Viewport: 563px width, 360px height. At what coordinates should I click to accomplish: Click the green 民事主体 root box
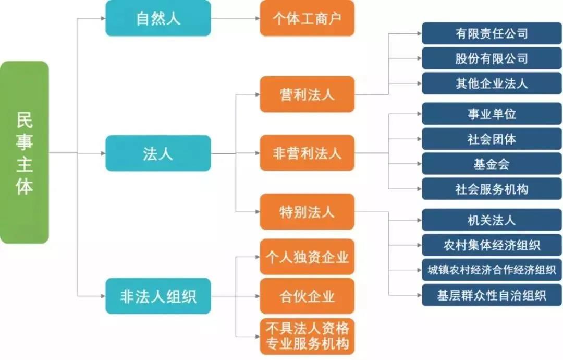[25, 152]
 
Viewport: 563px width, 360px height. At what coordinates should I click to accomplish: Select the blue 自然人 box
[158, 18]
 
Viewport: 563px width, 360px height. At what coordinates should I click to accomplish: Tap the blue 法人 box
[158, 153]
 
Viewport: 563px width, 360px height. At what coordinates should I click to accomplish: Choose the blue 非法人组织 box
[158, 296]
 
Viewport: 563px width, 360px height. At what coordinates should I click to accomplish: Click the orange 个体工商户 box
[307, 18]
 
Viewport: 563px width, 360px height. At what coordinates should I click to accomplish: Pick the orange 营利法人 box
[307, 94]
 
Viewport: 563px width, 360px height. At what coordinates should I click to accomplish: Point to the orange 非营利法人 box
[307, 153]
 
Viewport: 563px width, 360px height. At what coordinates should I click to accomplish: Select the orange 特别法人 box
[307, 212]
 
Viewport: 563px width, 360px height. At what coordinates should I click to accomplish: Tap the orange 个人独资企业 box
[307, 257]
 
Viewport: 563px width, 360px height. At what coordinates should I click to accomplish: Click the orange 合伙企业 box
[307, 296]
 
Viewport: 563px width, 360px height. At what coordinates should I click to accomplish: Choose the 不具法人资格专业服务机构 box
[307, 336]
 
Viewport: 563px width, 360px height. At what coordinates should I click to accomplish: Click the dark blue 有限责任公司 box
[492, 33]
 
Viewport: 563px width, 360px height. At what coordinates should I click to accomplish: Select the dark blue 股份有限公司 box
[492, 58]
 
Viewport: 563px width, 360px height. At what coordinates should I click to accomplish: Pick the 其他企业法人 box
[492, 83]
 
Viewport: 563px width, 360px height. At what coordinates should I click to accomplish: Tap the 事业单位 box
[492, 114]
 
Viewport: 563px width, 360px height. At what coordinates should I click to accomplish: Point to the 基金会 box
[492, 164]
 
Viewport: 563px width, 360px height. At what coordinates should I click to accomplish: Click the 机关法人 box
[492, 220]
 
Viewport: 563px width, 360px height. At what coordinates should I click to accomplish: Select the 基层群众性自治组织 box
[492, 295]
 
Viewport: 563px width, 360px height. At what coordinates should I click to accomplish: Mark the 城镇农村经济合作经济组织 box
[492, 270]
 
